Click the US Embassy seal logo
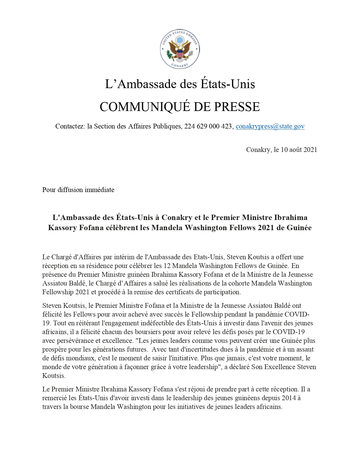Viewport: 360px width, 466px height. (x=180, y=49)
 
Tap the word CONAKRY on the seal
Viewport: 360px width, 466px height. (x=180, y=65)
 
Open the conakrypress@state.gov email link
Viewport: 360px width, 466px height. (x=270, y=126)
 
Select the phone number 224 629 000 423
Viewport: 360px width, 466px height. (x=208, y=126)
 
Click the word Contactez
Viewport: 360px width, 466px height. (x=70, y=126)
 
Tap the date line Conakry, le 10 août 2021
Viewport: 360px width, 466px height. (x=282, y=150)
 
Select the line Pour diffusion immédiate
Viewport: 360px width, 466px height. (x=78, y=190)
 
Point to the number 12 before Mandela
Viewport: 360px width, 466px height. (x=167, y=266)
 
